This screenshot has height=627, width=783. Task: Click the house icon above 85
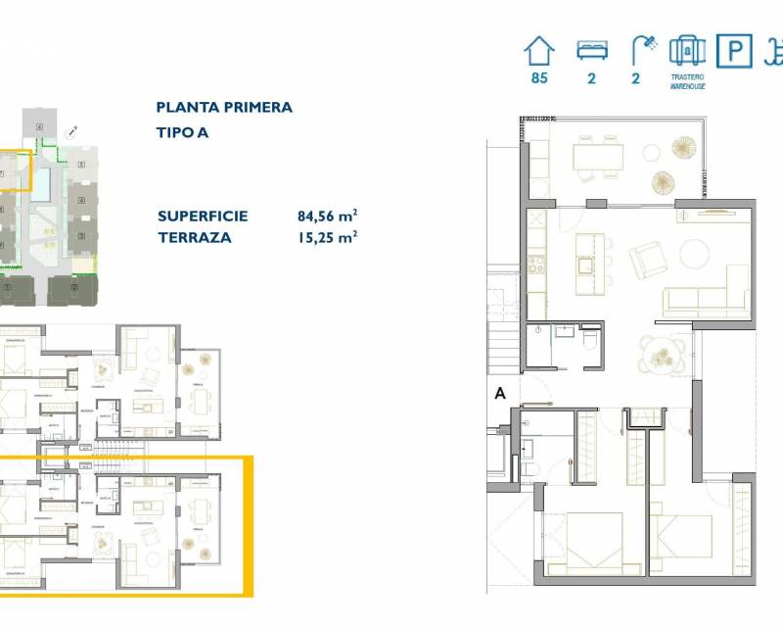point(538,50)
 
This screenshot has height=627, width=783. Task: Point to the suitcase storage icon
point(687,50)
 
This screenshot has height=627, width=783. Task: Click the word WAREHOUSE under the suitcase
point(687,86)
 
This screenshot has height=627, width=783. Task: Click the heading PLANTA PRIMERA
point(224,108)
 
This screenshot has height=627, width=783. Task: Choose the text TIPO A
point(184,131)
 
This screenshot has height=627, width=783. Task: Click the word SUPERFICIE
point(203,217)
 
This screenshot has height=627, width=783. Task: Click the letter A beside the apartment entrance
point(500,394)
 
